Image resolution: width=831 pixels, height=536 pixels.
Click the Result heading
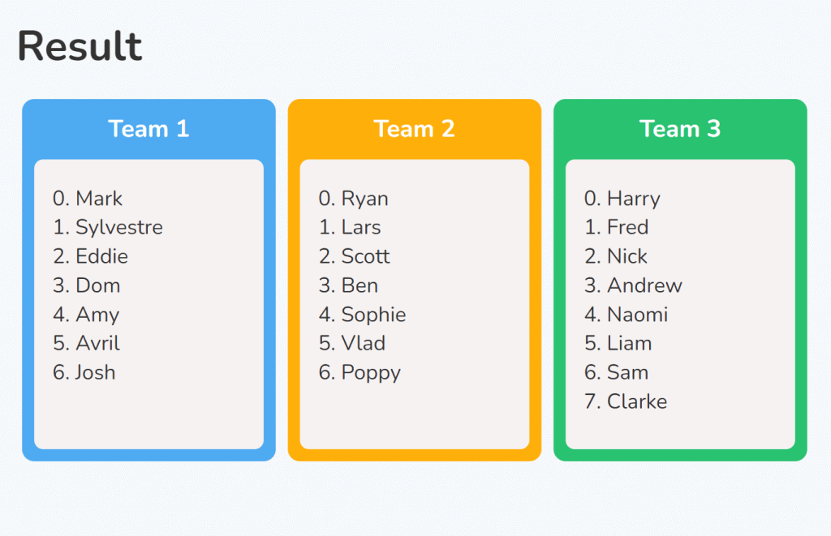80,46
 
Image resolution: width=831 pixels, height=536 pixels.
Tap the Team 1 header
149,129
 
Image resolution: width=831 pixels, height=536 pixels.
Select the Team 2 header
415,129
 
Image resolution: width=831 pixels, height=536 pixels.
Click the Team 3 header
680,129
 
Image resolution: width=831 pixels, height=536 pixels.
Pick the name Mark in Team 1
99,199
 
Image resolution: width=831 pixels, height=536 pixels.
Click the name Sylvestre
119,228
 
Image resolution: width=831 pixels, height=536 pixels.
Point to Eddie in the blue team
101,256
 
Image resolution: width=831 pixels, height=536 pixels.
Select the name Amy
97,315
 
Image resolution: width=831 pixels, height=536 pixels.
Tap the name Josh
96,372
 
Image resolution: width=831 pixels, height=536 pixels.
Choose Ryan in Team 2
365,199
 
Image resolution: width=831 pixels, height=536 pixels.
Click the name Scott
366,256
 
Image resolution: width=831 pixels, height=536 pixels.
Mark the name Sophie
373,315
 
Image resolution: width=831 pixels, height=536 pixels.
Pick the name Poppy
372,373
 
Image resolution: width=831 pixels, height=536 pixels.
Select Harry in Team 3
634,199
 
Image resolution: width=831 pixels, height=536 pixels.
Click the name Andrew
645,285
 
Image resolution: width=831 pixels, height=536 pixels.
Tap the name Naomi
638,315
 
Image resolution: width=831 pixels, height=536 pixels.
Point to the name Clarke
637,401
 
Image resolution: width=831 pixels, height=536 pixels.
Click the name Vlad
364,343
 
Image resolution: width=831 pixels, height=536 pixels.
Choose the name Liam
630,343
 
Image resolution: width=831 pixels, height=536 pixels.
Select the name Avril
98,343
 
